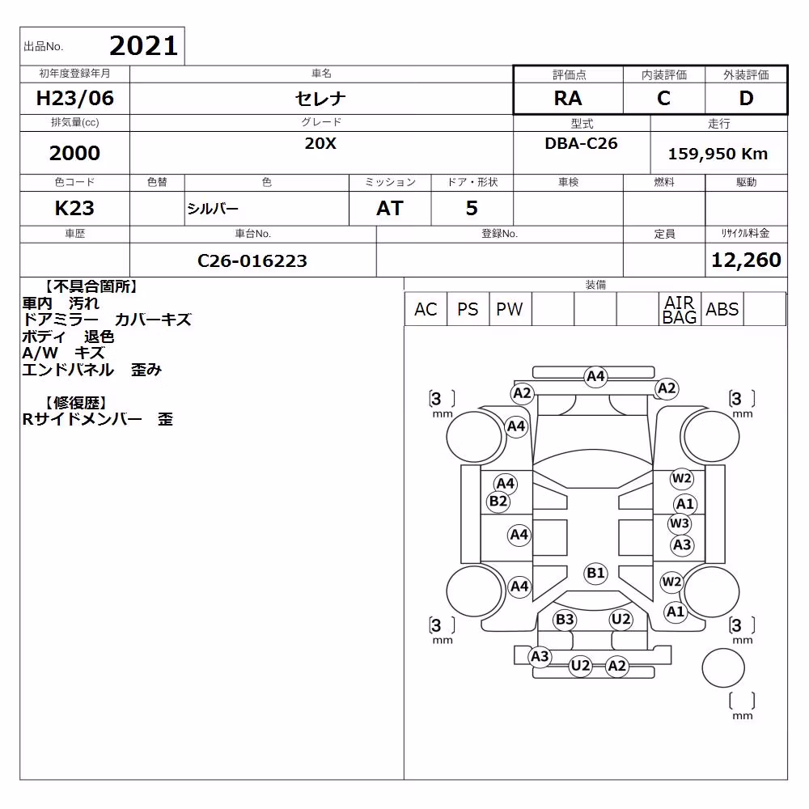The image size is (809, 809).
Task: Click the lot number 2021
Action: (x=143, y=46)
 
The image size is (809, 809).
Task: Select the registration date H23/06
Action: (x=74, y=98)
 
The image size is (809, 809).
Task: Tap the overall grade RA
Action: (x=568, y=98)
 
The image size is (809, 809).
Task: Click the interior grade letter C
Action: (x=663, y=98)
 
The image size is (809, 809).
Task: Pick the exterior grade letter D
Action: (x=746, y=98)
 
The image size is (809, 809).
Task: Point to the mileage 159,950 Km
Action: (x=718, y=154)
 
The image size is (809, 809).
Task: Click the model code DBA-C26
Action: (x=581, y=143)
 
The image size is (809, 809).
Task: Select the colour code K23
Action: (x=74, y=208)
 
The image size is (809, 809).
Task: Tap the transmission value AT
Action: (x=390, y=208)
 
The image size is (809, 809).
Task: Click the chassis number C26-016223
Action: (x=252, y=260)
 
